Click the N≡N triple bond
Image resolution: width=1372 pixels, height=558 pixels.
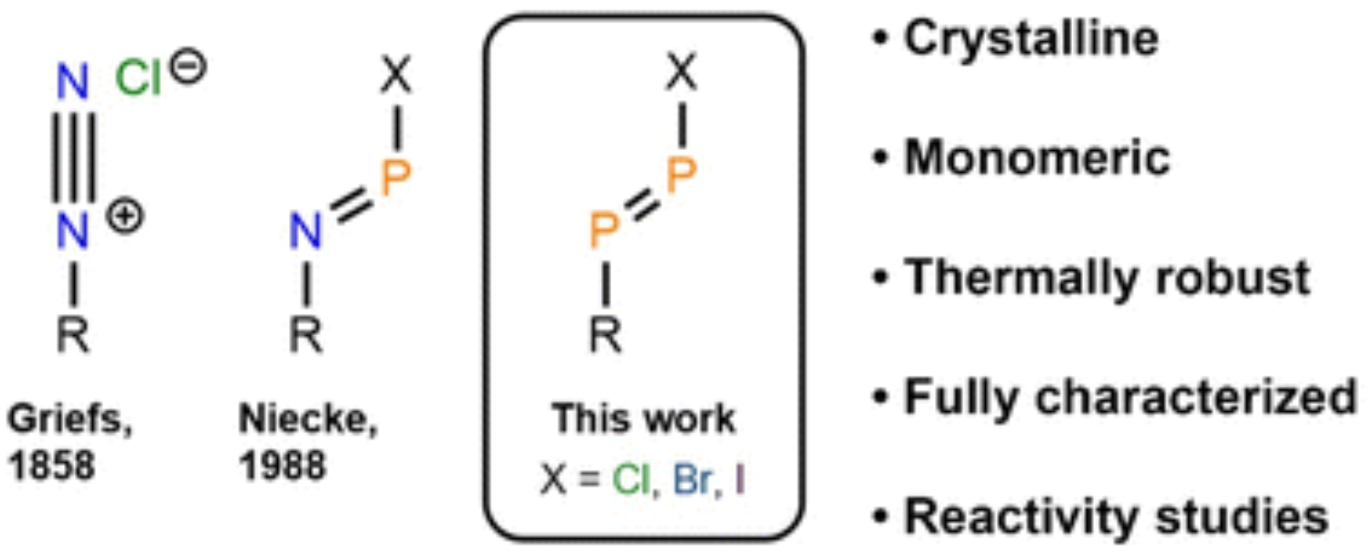[x=73, y=157]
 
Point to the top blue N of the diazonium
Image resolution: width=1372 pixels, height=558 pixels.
[x=73, y=82]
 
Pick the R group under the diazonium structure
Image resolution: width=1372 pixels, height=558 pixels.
[x=73, y=335]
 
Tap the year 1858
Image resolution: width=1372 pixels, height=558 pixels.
[x=51, y=466]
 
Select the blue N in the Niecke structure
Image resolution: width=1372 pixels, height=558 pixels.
[x=305, y=230]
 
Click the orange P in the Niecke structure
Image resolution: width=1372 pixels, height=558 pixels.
[x=396, y=178]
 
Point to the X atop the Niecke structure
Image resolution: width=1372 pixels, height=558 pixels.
[x=397, y=74]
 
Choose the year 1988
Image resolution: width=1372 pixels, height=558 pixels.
[x=282, y=466]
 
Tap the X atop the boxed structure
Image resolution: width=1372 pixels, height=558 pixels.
[x=681, y=72]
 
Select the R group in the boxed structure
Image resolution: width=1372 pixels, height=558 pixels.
[x=605, y=335]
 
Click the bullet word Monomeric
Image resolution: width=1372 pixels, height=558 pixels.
[x=1037, y=158]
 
